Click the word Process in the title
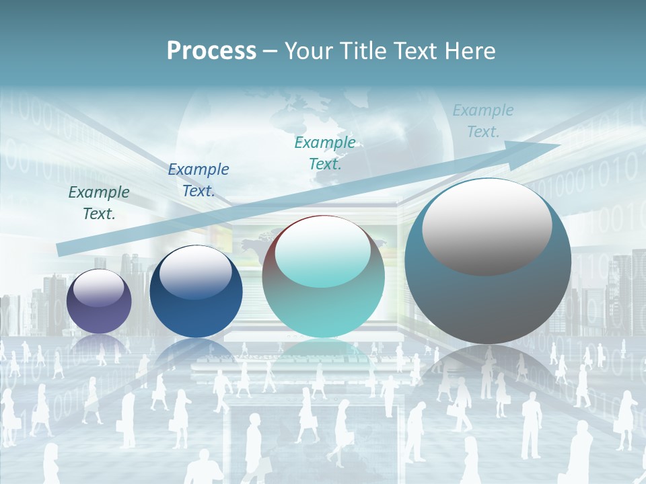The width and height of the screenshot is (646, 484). coord(211,51)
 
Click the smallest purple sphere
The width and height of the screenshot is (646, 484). coord(99,301)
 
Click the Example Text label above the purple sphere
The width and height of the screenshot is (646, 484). coord(99,203)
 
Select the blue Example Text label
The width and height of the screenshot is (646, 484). coord(199,180)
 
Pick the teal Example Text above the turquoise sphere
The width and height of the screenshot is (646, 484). coord(325,153)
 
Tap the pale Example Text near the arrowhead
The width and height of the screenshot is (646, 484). coord(483,121)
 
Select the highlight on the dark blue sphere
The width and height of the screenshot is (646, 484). coord(195,272)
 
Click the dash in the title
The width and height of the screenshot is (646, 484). coord(270,51)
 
